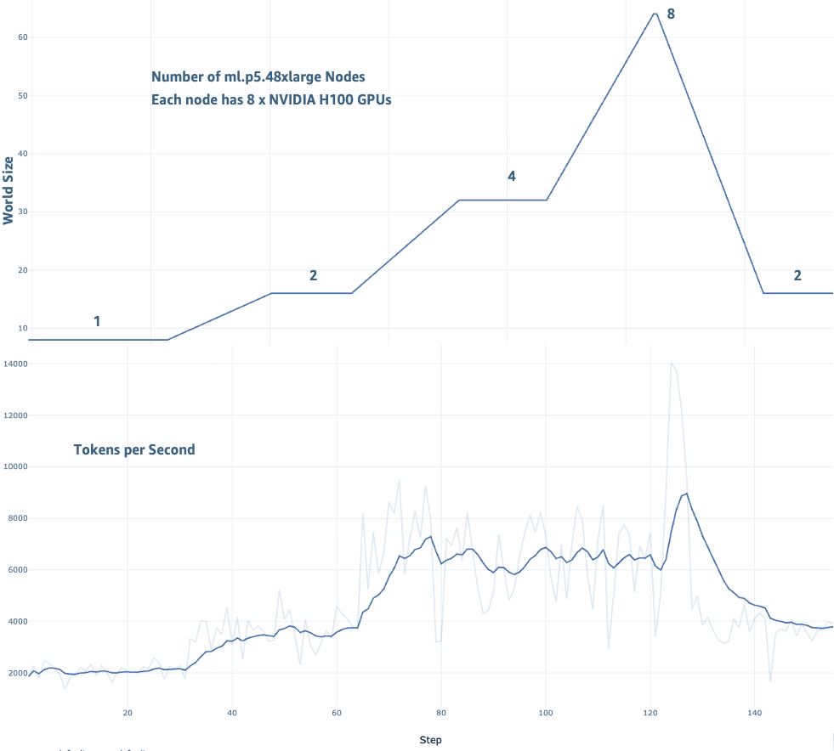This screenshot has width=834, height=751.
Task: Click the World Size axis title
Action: pos(9,189)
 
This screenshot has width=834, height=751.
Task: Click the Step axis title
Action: pos(430,740)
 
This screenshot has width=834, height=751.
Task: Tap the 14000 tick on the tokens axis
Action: pos(16,364)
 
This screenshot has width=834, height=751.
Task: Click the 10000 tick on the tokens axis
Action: pos(16,466)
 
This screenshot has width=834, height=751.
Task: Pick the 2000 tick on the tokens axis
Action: pos(18,673)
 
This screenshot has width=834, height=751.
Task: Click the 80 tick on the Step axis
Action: pos(440,712)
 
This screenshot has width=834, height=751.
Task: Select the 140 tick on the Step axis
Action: pos(753,712)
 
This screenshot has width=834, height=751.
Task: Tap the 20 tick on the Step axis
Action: pos(128,712)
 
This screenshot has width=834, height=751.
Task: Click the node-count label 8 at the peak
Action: pos(671,14)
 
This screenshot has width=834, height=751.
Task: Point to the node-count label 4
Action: pos(511,176)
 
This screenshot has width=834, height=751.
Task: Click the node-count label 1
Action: pos(97,321)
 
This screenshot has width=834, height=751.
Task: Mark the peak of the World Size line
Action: pos(655,14)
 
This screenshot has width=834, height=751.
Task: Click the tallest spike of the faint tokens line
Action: pos(672,364)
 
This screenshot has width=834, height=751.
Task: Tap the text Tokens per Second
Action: pos(134,449)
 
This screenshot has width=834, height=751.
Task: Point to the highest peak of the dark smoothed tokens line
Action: pos(686,493)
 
